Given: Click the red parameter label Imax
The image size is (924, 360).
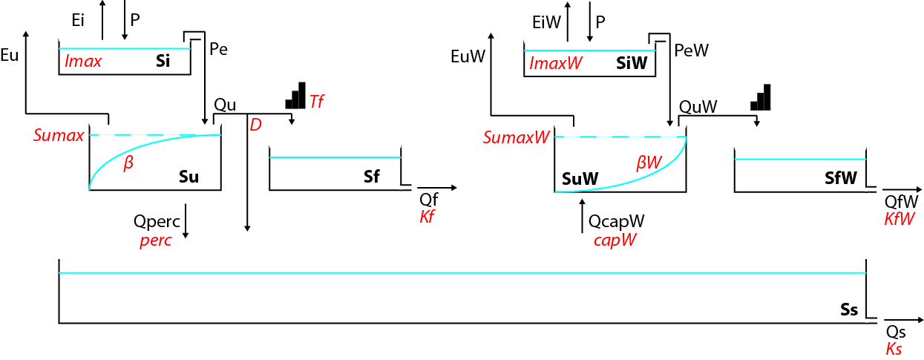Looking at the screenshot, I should [x=83, y=62].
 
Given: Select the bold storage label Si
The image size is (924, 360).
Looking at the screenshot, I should [x=163, y=62].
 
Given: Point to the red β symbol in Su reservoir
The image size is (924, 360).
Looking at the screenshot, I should [x=128, y=163].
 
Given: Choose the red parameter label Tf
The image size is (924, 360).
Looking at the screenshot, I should [x=317, y=102].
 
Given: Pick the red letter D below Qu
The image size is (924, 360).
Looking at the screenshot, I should [x=255, y=125].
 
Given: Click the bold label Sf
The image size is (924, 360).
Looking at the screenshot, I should [x=371, y=177].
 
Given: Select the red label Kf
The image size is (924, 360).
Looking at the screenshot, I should [x=427, y=217].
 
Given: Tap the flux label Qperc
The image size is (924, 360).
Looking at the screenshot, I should [x=155, y=221].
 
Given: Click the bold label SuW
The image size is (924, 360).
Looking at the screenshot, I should [x=580, y=178].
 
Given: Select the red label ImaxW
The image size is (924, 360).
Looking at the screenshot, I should [x=556, y=65].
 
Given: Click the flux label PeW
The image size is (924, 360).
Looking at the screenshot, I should [x=691, y=50].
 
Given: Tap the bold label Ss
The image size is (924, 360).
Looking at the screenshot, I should [x=849, y=310].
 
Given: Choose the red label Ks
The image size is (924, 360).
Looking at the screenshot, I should [x=894, y=349].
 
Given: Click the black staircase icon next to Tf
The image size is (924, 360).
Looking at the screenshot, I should [x=295, y=96].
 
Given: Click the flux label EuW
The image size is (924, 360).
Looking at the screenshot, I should [x=468, y=56].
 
